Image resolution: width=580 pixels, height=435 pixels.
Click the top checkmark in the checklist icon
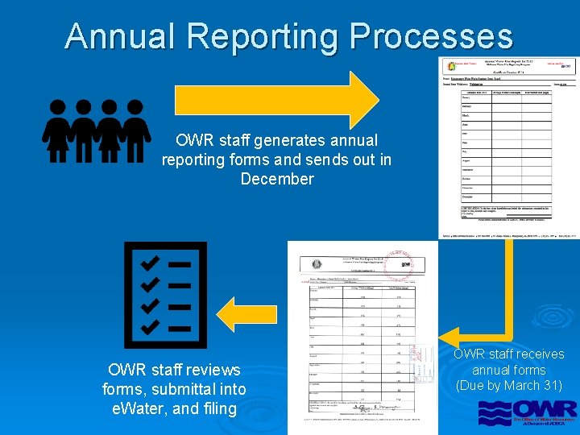click(150, 263)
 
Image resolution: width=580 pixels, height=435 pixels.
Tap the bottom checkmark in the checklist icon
click(150, 326)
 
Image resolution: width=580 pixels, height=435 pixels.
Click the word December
click(277, 179)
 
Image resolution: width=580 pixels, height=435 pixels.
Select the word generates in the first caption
click(276, 141)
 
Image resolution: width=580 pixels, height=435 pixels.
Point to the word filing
click(217, 408)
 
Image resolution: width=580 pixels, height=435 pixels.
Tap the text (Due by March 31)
click(509, 386)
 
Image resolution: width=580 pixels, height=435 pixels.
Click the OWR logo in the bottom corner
click(527, 412)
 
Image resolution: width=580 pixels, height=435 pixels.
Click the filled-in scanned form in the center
click(362, 338)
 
